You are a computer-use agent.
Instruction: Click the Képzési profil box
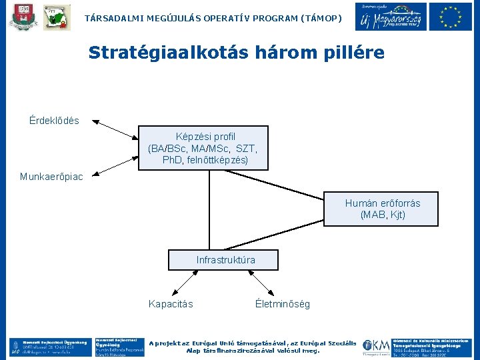(204, 148)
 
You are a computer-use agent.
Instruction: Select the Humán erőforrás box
(382, 209)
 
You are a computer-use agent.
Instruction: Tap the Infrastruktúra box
(223, 260)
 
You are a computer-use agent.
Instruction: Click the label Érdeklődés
(54, 121)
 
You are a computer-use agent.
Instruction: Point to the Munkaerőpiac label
(51, 177)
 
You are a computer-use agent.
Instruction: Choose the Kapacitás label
(171, 304)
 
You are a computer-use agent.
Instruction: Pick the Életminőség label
(282, 304)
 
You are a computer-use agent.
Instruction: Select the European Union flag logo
(450, 17)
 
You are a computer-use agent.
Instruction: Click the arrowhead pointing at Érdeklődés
(95, 121)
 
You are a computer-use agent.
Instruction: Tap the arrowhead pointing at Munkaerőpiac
(95, 175)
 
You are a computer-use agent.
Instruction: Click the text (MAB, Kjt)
(382, 215)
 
